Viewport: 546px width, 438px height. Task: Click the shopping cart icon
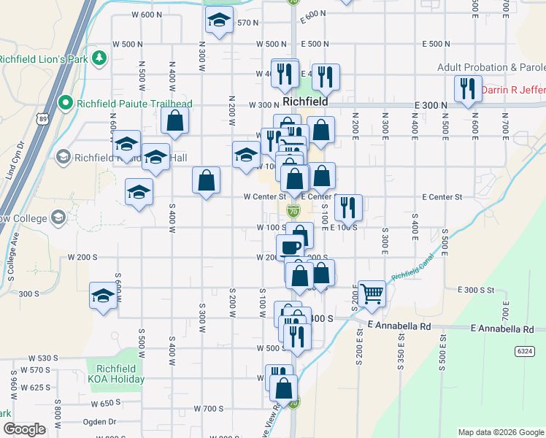pos(372,293)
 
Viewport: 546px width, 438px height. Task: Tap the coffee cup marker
pos(291,246)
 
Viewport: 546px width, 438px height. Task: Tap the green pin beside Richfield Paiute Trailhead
pos(66,103)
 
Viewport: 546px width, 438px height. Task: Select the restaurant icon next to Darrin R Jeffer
pos(465,88)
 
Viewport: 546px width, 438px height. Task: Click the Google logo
pos(25,429)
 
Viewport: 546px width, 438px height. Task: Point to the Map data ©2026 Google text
pos(500,432)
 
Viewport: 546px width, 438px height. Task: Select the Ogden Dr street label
pos(102,421)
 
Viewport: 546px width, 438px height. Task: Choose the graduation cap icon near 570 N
pos(218,24)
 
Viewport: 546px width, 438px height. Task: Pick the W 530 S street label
pos(42,358)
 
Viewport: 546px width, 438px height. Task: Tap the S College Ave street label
pos(12,256)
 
